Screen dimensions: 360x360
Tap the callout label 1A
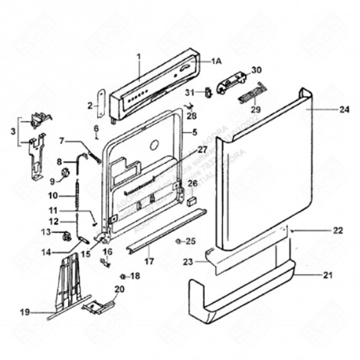pyautogui.click(x=216, y=61)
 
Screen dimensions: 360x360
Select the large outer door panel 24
pyautogui.click(x=260, y=176)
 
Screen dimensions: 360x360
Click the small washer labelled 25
pyautogui.click(x=178, y=241)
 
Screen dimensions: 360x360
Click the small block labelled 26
pyautogui.click(x=189, y=202)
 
